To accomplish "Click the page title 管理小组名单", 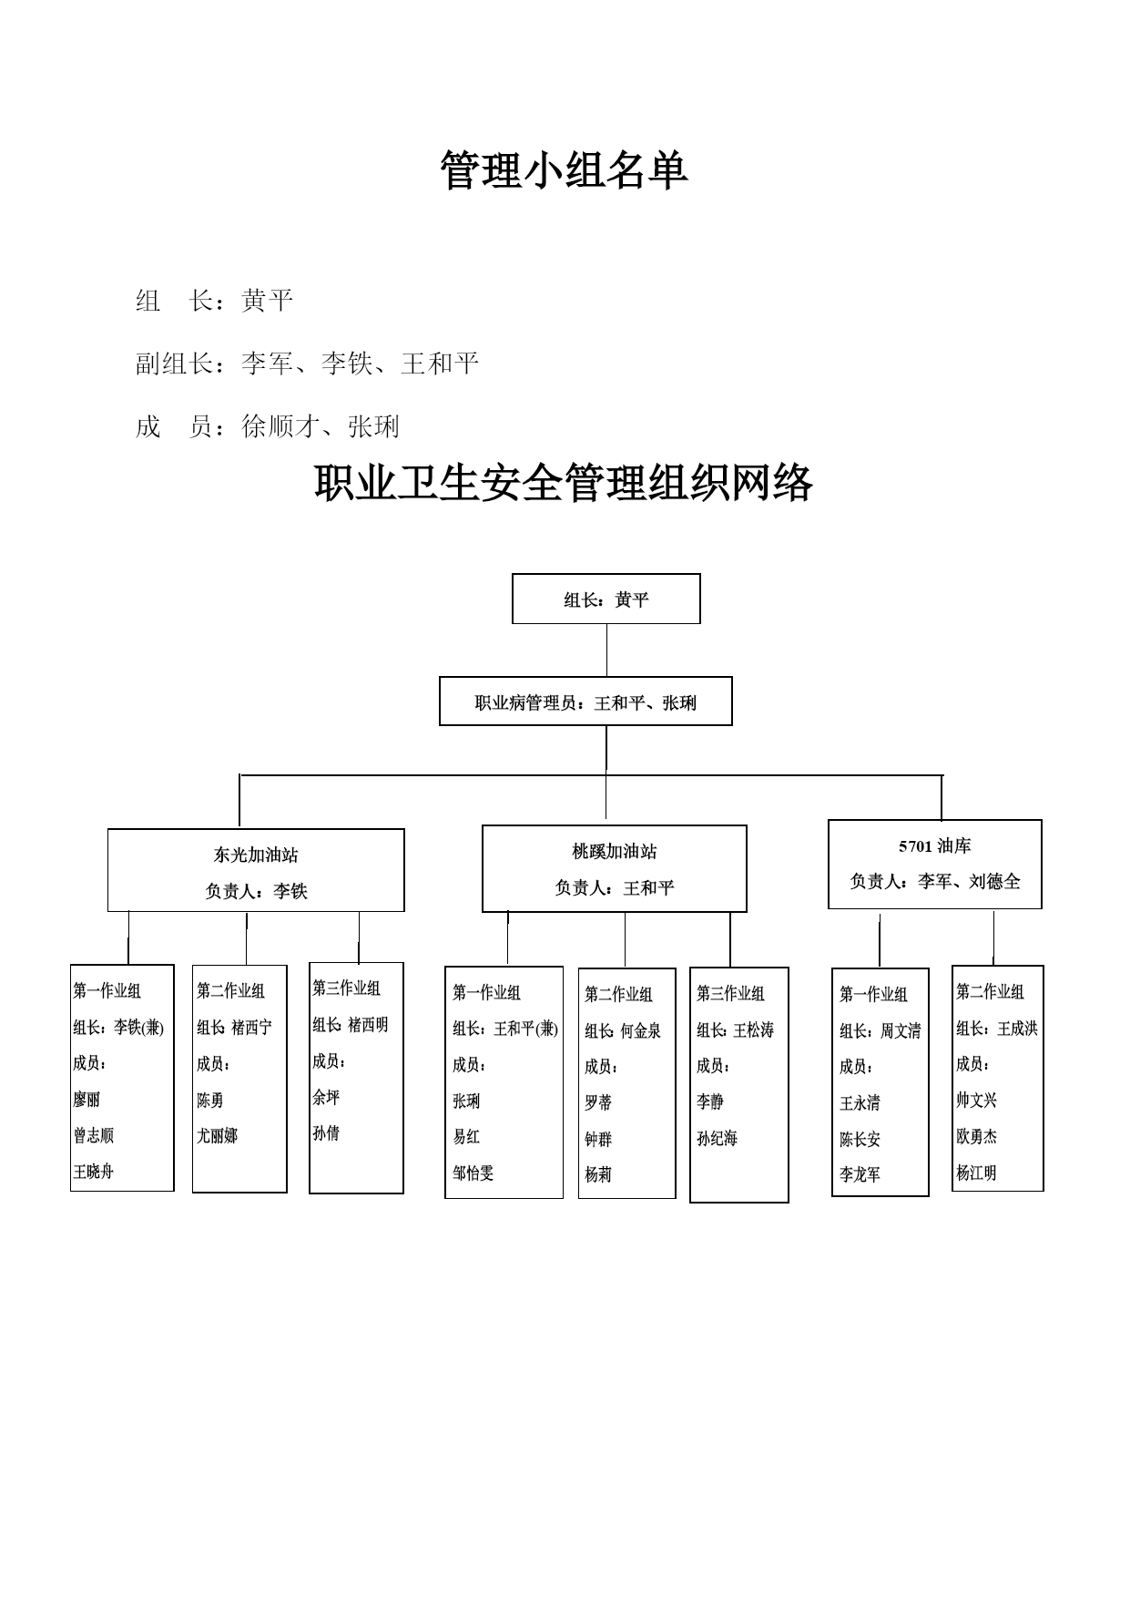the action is [564, 170].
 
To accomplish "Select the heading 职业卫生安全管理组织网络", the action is [564, 483].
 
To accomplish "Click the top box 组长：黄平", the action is [606, 599].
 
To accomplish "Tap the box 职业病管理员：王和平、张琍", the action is [585, 702].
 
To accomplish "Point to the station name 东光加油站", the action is [256, 855].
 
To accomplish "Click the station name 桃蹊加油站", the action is [615, 851].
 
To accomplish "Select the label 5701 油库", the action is [935, 845].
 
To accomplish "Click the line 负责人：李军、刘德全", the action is [935, 881].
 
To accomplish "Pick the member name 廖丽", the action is [87, 1100].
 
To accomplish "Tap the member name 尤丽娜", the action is [217, 1136].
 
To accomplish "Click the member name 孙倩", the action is [326, 1133].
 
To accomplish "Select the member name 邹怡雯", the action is [473, 1173].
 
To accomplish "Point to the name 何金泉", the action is [641, 1031].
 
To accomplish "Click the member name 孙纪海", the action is [717, 1138].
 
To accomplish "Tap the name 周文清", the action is [901, 1031].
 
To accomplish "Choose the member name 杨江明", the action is [976, 1173].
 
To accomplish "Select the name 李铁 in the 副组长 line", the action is [347, 364].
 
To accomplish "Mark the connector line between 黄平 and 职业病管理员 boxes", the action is [606, 650].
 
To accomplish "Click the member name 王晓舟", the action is [93, 1172].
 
